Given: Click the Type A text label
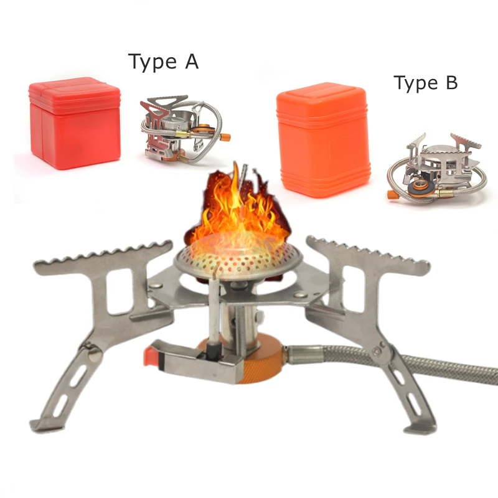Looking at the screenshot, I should pyautogui.click(x=163, y=62).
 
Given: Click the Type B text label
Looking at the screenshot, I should pyautogui.click(x=425, y=83).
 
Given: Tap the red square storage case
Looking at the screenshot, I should pyautogui.click(x=75, y=123).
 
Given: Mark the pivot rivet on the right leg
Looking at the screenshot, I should pyautogui.click(x=377, y=353).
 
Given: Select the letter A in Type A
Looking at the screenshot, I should pyautogui.click(x=190, y=62).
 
